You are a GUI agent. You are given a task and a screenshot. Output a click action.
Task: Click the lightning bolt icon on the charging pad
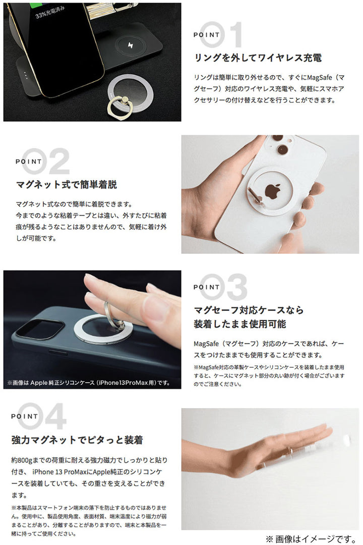[x=131, y=45]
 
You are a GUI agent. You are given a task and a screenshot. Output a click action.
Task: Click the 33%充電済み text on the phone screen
[x=50, y=12]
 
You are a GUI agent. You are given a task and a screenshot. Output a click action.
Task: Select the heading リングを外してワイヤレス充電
[x=258, y=58]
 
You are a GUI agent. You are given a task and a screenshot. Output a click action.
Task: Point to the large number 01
[x=222, y=34]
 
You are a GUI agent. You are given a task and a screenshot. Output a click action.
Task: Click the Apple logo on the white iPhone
[x=273, y=191]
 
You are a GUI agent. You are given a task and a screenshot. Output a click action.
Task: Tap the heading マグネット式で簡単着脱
[x=67, y=185]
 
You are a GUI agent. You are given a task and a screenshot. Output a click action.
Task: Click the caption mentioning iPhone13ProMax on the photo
[x=89, y=383]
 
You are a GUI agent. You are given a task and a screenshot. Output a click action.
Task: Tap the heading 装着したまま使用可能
[x=239, y=324]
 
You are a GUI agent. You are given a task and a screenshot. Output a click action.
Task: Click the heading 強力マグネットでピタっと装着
[x=77, y=440]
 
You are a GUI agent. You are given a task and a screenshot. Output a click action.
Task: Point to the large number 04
[x=42, y=416]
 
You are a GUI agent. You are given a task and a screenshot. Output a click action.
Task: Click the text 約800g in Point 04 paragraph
[x=22, y=460]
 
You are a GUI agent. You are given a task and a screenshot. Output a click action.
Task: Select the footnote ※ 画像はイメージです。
[x=312, y=539]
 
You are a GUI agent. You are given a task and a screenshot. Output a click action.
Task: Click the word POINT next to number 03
[x=207, y=287]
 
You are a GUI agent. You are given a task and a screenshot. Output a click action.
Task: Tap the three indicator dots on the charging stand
[x=25, y=75]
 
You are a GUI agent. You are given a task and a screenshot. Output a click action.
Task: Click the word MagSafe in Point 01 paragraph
[x=320, y=77]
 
